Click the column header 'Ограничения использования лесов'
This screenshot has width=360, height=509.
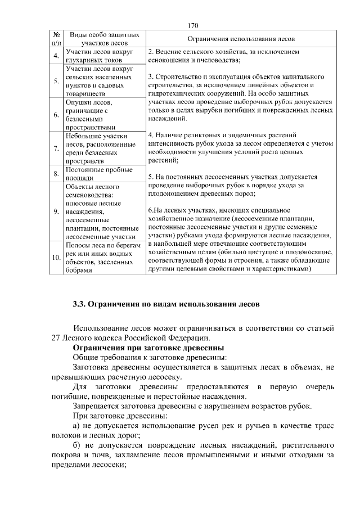tap(241, 39)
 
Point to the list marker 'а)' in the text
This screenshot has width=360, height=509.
tap(78, 425)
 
